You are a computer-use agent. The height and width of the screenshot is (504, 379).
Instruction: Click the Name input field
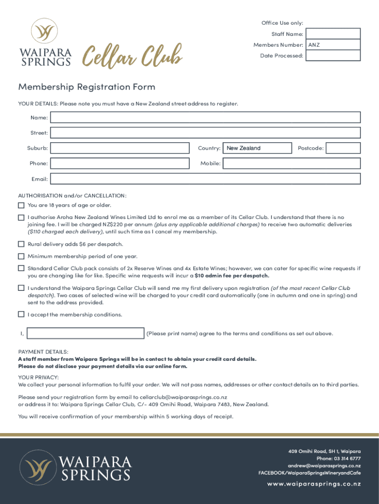[x=205, y=118]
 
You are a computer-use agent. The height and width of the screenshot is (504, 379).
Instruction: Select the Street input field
[x=205, y=133]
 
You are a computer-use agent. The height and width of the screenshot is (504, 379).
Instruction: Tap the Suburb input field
[x=120, y=148]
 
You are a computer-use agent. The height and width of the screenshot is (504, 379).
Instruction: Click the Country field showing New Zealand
[x=257, y=148]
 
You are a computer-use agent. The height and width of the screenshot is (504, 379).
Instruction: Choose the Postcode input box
[x=343, y=148]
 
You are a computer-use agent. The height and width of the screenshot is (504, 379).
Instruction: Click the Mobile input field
[x=291, y=163]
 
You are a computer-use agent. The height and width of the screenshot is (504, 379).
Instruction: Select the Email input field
[x=205, y=179]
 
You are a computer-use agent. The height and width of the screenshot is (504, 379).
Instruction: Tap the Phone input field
[x=120, y=163]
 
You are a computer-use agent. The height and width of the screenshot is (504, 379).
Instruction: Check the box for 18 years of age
[x=21, y=205]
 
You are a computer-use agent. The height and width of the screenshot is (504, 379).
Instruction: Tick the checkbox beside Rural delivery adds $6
[x=21, y=244]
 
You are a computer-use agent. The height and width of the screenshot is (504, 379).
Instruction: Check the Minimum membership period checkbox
[x=21, y=256]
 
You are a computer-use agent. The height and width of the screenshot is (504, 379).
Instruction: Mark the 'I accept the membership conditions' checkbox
[x=21, y=315]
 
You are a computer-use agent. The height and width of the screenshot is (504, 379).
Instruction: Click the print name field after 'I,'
[x=86, y=334]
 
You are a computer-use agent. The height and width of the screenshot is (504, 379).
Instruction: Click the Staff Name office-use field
[x=333, y=34]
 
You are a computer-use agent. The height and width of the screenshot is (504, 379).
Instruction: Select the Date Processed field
[x=333, y=56]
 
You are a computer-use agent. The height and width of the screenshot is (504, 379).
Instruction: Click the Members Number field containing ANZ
[x=333, y=45]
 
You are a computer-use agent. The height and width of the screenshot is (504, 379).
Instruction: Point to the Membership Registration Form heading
[x=87, y=87]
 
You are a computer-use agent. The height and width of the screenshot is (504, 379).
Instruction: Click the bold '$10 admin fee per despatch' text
[x=232, y=276]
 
